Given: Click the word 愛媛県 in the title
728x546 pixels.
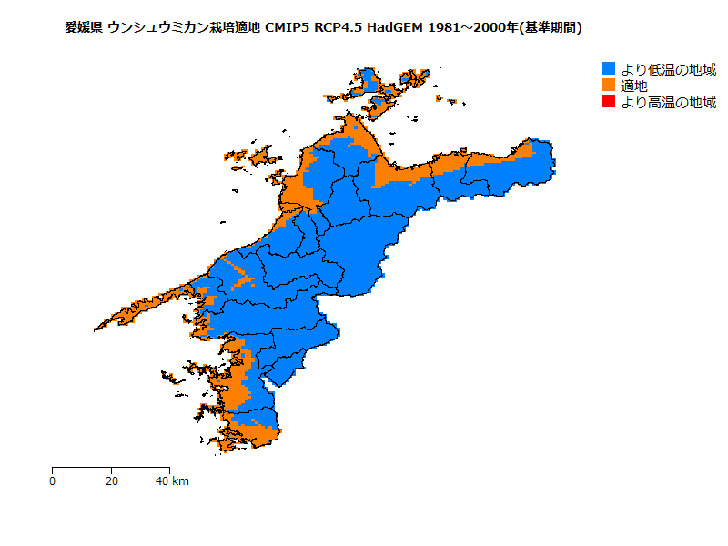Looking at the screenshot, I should click(x=84, y=28).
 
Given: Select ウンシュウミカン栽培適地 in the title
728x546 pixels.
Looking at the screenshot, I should click(x=184, y=28).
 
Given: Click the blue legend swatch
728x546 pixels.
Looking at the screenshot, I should click(x=609, y=68).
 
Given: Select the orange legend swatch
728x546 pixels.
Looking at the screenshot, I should click(x=609, y=85).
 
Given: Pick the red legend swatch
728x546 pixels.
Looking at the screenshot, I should click(x=609, y=102).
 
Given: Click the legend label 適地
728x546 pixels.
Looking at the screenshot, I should click(x=634, y=86).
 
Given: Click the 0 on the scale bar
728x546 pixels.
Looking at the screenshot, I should click(x=52, y=480).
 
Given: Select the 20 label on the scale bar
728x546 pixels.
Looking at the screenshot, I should click(x=111, y=480).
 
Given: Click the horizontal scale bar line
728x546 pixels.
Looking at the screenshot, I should click(x=110, y=468).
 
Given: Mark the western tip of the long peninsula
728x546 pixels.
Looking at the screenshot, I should click(x=96, y=329).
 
